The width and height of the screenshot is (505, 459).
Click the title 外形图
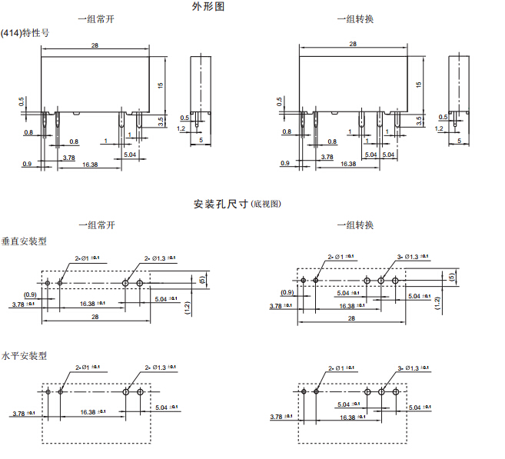(208, 7)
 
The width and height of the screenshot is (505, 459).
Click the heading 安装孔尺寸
(221, 205)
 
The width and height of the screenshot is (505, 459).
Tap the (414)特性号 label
(25, 33)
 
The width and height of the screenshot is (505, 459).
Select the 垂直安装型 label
(24, 241)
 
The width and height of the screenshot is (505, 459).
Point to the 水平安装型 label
(24, 356)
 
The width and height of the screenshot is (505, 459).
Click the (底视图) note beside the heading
(267, 205)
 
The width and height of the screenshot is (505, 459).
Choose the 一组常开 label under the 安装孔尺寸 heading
(96, 225)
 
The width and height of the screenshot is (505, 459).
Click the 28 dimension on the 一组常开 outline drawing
(95, 46)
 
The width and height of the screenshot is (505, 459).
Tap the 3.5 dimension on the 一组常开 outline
(161, 120)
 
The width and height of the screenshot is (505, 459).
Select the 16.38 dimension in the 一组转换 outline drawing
(347, 164)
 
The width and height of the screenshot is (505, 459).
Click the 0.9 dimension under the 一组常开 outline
(27, 164)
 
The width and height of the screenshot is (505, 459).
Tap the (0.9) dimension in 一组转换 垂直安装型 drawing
(287, 292)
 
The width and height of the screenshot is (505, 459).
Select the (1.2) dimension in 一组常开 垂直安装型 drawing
(187, 308)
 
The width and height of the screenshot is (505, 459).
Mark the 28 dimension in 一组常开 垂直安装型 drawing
(95, 316)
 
